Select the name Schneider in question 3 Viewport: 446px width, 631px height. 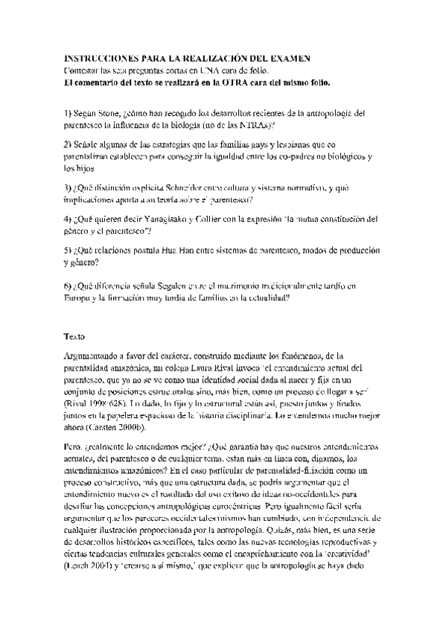click(173, 188)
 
